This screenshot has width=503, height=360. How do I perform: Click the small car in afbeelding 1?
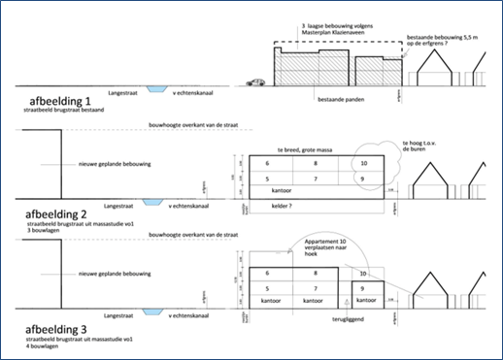[256, 82]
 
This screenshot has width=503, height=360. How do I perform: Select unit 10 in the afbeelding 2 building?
[363, 164]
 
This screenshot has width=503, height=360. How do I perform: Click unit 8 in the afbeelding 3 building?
[318, 275]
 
